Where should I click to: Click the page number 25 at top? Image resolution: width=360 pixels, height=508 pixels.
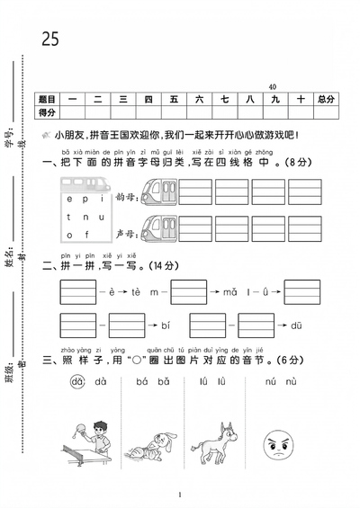(50, 39)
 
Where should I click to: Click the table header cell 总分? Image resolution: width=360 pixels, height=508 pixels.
(325, 99)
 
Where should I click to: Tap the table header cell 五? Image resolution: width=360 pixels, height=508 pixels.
(174, 99)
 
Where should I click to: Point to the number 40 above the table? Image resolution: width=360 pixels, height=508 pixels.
(272, 85)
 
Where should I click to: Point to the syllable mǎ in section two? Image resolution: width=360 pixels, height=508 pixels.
(230, 291)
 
